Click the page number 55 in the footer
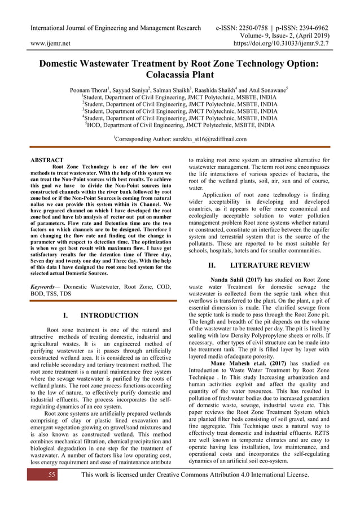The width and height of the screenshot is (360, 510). click(x=52, y=474)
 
